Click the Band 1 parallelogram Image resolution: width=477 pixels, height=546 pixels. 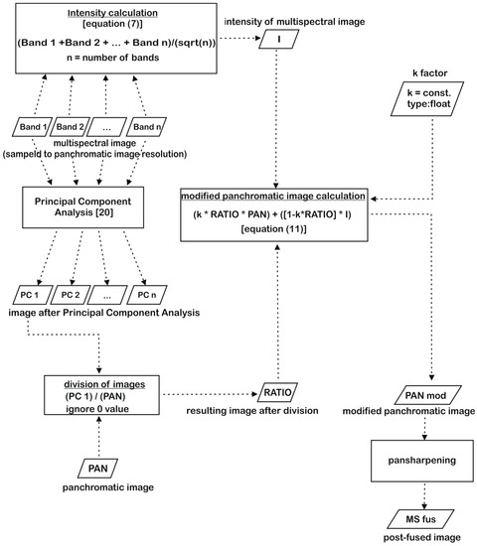point(32,127)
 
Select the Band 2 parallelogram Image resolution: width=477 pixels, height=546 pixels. point(71,127)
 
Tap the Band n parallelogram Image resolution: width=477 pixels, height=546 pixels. point(147,127)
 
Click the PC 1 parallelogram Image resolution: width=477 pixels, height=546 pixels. point(33,295)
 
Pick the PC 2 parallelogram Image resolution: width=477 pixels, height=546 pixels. point(71,295)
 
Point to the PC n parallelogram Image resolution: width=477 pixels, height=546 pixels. point(147,295)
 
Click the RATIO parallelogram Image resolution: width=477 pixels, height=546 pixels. point(277,392)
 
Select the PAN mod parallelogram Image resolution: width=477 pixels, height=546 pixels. point(428,395)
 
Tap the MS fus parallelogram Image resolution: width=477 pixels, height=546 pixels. point(421,519)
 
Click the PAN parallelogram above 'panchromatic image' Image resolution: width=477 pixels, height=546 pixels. point(97,469)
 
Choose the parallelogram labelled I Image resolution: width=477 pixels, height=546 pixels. point(279,39)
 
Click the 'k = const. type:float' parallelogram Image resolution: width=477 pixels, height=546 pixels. point(427,98)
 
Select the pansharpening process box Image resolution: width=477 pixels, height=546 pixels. point(422,461)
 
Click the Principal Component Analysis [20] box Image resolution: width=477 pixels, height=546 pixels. point(83,207)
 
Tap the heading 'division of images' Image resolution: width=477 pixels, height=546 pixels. point(104,384)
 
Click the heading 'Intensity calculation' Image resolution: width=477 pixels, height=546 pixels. point(112,13)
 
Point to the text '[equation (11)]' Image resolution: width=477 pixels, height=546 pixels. point(273,229)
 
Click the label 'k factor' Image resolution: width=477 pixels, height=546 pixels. point(429,73)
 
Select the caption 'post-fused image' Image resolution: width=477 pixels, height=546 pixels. point(422,537)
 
